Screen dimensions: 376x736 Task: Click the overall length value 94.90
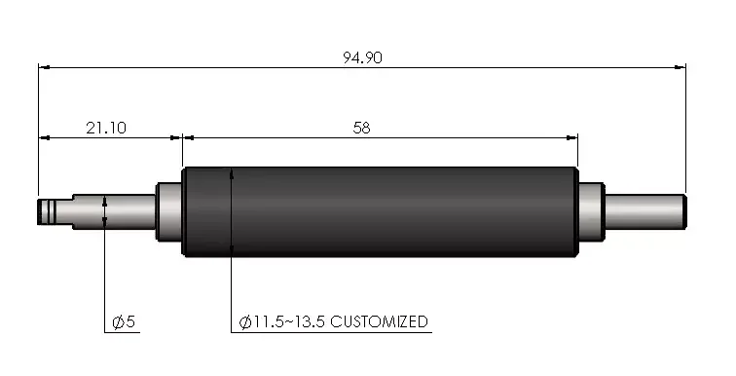(362, 57)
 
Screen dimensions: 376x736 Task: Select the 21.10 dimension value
(106, 128)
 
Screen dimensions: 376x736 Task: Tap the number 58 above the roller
(362, 128)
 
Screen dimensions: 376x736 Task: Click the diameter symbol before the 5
(118, 321)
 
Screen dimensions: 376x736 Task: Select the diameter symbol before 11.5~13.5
(244, 321)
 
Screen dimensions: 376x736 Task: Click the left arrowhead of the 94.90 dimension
(44, 67)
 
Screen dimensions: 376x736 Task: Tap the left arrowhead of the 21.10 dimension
(44, 137)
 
